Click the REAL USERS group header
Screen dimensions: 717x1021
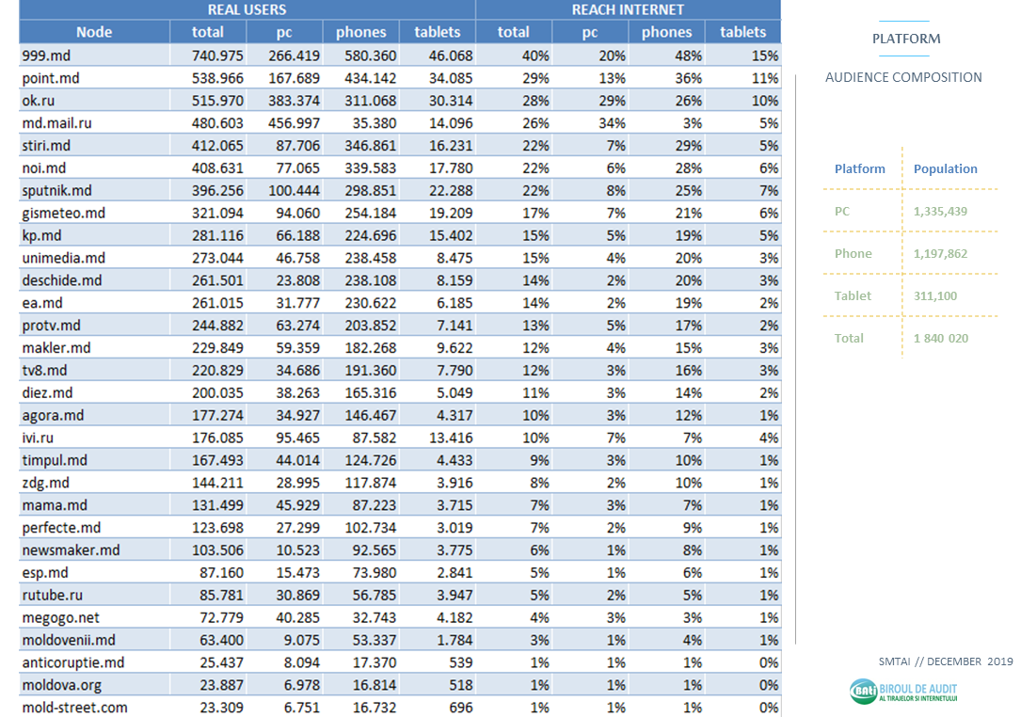tap(247, 9)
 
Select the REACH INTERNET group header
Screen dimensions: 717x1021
tap(628, 9)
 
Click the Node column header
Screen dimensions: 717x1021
tap(94, 32)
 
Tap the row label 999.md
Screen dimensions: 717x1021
tap(46, 56)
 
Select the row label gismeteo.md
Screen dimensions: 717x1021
tap(63, 214)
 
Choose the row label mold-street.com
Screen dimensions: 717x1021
tap(74, 708)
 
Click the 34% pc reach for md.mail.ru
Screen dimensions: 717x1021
tap(611, 123)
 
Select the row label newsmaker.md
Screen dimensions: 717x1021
tap(71, 550)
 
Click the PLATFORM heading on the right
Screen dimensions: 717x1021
tap(906, 39)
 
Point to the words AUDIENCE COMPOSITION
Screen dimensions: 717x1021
tap(903, 77)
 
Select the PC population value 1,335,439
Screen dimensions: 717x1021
tap(940, 211)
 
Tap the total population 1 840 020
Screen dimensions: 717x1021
tap(940, 338)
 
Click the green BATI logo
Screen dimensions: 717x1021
tap(864, 692)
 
